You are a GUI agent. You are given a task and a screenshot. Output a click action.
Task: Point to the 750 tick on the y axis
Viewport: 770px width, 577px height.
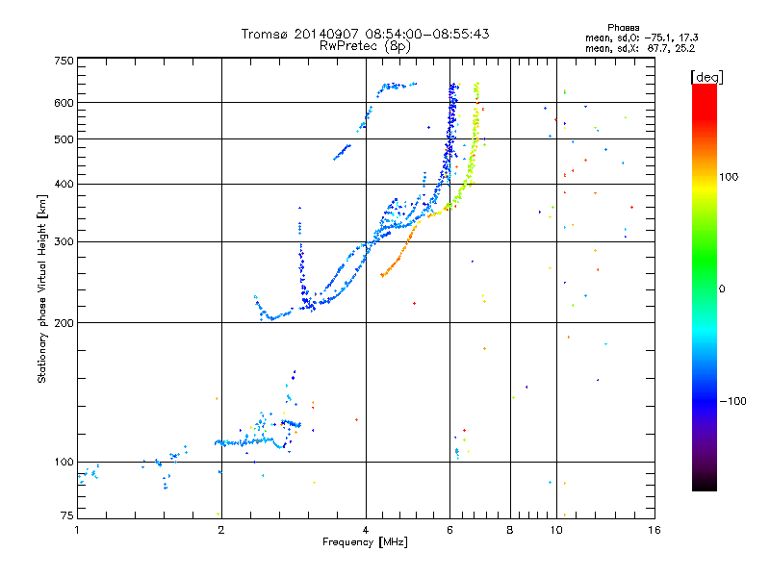click(x=64, y=61)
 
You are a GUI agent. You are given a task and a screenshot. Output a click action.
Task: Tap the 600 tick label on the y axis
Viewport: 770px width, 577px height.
click(x=64, y=102)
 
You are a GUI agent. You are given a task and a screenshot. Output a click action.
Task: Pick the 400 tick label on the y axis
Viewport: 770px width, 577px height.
click(x=64, y=184)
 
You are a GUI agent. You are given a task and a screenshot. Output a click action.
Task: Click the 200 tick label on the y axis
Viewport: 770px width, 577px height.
click(x=64, y=322)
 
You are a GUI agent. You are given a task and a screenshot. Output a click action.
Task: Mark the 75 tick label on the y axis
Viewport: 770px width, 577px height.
click(x=66, y=516)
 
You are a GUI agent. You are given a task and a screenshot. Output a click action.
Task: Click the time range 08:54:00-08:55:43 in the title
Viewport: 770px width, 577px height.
click(x=420, y=34)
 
